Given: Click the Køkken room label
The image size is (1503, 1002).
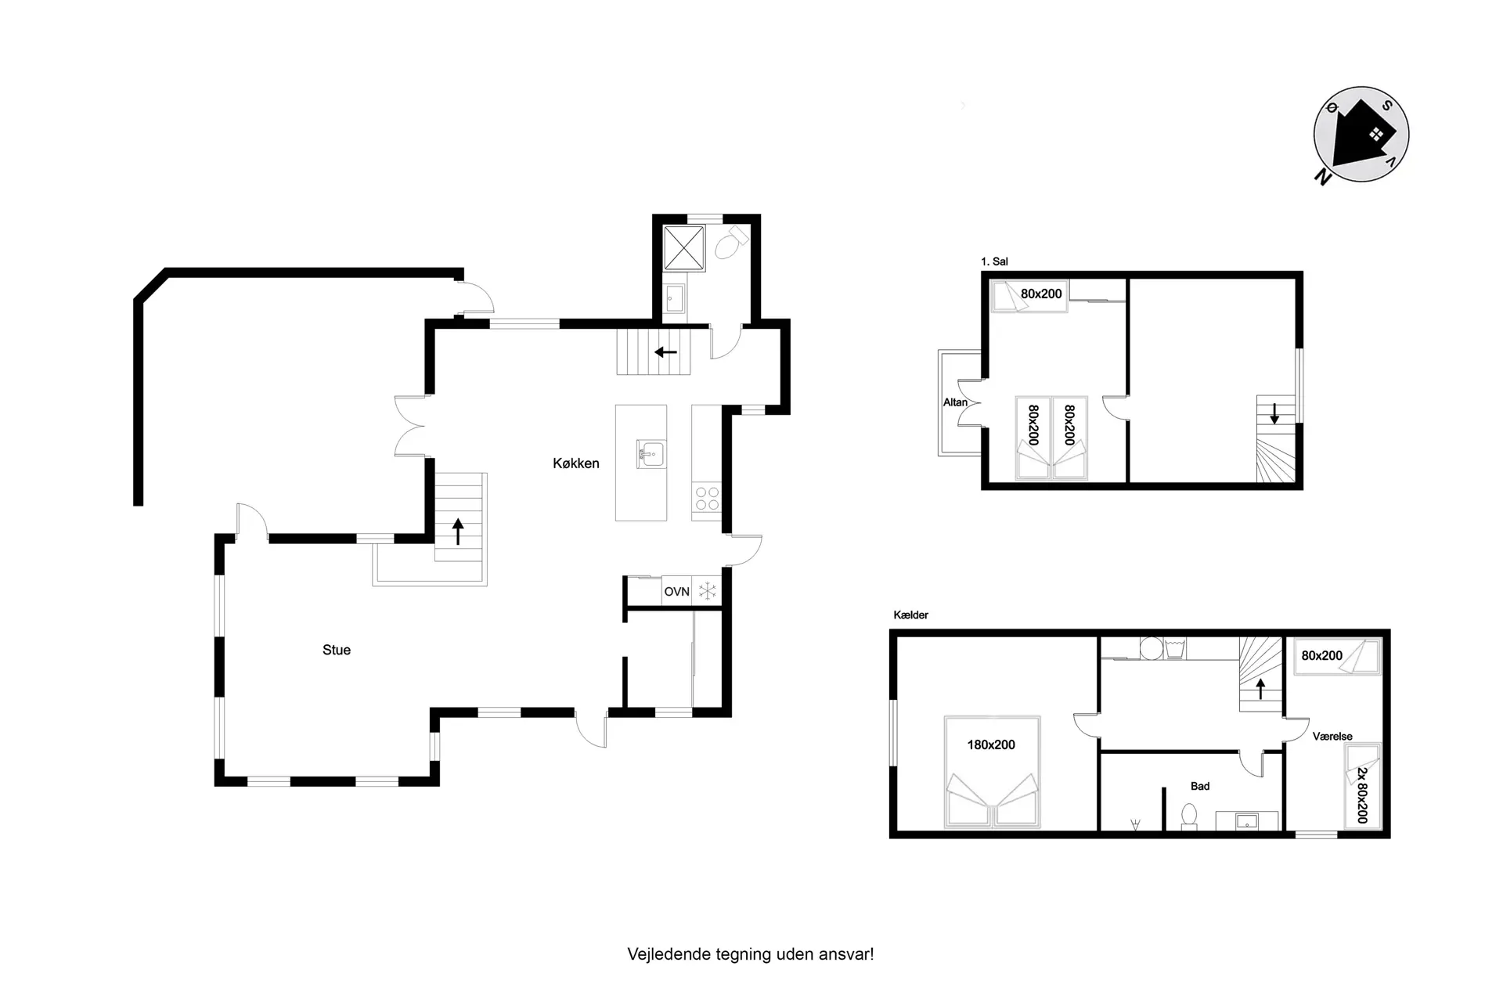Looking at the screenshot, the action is point(575,463).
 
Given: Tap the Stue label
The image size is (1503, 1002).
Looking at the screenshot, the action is point(337,650).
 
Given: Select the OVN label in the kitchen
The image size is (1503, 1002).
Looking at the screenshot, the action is point(676,592).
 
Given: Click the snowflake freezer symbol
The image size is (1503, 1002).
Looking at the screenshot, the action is point(708,591).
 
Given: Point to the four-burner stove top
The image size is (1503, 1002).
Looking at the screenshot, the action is point(707,499).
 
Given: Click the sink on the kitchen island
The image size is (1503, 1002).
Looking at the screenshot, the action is point(651,454).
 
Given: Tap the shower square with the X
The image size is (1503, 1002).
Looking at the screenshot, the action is point(684,247).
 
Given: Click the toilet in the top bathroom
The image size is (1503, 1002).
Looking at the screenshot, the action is point(731,243).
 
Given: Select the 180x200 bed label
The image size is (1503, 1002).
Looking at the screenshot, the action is point(991,745).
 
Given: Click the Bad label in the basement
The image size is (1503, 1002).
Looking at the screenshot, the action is point(1200,786).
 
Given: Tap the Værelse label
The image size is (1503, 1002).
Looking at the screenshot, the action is point(1332,737).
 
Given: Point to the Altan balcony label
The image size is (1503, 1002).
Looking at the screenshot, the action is point(955,402).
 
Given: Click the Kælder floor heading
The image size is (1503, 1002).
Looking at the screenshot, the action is point(910,615).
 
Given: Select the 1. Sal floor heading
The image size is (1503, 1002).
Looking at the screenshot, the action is point(994,261).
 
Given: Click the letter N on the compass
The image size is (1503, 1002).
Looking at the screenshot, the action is point(1323,177).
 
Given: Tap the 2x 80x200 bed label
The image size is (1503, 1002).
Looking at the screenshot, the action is point(1362,795).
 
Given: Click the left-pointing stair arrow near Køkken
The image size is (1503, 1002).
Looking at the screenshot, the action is point(665,352).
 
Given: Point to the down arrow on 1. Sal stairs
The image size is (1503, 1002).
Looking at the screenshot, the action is point(1274,413).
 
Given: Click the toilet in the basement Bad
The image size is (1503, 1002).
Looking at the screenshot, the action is point(1189,816).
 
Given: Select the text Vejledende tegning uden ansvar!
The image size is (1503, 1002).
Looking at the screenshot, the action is point(751,954).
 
